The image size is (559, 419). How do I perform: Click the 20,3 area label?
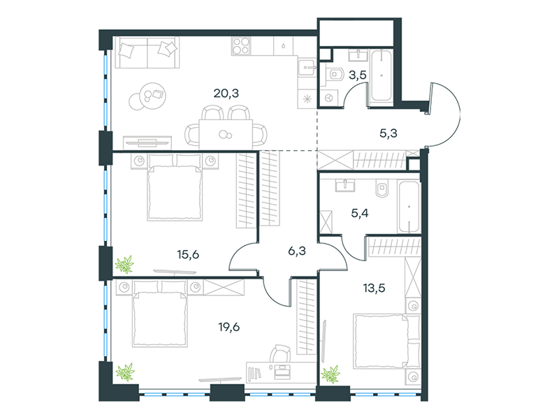[x=226, y=94]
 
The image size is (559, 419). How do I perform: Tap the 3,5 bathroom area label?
[x=358, y=75]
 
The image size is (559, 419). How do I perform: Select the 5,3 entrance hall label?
[x=389, y=133]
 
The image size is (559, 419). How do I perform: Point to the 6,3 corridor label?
[x=296, y=251]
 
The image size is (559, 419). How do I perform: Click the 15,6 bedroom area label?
[x=188, y=255]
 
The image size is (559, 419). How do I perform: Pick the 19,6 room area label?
[x=229, y=327]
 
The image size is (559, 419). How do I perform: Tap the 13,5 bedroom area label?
[x=374, y=288]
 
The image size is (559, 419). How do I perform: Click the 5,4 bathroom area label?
[x=360, y=214]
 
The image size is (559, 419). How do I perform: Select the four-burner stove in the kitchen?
[x=241, y=46]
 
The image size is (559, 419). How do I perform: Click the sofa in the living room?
[x=147, y=52]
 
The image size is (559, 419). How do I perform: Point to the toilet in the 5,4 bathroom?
[x=382, y=187]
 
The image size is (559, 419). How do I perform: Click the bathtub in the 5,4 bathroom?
[x=409, y=207]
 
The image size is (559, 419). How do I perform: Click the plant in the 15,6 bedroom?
[x=124, y=264]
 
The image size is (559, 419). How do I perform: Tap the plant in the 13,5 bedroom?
[x=331, y=374]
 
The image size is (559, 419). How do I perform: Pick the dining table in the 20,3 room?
[x=226, y=134]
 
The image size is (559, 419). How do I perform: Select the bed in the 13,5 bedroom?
[x=386, y=341]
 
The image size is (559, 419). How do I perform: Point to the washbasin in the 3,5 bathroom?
[x=358, y=55]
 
